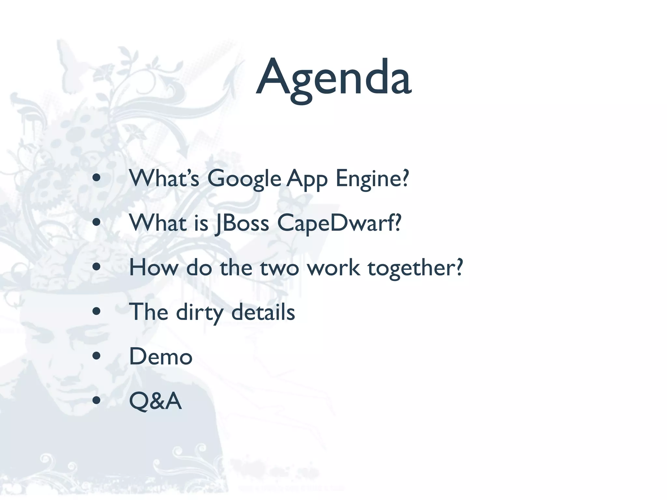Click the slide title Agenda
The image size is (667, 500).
(x=333, y=78)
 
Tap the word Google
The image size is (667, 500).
(x=244, y=179)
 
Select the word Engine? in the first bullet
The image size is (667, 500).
(x=372, y=179)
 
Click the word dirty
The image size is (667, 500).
(x=200, y=312)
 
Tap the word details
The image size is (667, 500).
(x=263, y=312)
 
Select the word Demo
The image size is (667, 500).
(x=161, y=356)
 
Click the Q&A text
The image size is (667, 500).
(x=155, y=401)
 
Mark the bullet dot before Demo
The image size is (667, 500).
(x=96, y=356)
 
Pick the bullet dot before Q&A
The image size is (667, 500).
(x=96, y=400)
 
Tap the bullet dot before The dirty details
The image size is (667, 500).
(x=96, y=311)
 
